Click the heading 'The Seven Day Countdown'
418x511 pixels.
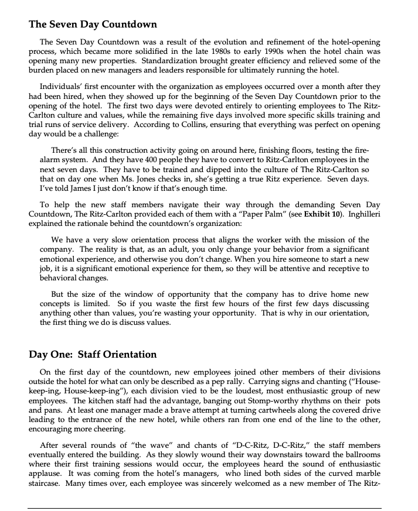pos(93,25)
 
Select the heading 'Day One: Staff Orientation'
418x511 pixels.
pos(93,354)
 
